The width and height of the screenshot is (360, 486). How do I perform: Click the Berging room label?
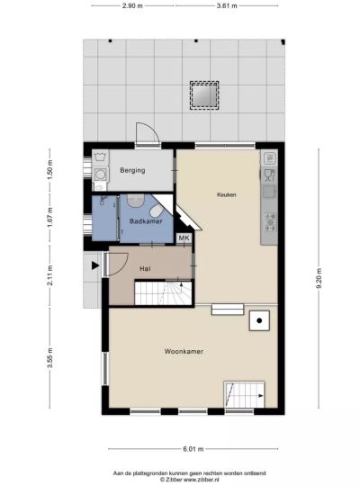coord(132,170)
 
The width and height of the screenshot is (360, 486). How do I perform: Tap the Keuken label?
coord(227,194)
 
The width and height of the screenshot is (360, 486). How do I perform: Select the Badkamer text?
coord(146,221)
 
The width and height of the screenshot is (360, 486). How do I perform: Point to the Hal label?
coord(145,268)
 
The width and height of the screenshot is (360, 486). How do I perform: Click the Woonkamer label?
coord(184,351)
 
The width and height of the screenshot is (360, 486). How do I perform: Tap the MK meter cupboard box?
coord(184,238)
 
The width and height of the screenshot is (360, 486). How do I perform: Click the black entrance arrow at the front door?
coord(95,265)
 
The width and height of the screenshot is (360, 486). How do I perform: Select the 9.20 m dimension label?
coord(319,278)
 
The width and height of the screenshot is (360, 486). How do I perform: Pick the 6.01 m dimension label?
coord(193,448)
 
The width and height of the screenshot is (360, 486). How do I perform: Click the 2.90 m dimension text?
coord(132,5)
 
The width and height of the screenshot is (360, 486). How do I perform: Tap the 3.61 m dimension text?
coord(227,5)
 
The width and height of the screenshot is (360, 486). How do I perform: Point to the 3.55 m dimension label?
coord(50,357)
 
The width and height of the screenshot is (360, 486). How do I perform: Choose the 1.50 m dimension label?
coord(50,170)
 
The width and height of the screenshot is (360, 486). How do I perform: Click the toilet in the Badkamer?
coord(157,211)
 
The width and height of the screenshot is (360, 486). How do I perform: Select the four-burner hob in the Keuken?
coord(270,222)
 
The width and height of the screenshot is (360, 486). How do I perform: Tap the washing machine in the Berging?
coord(100,175)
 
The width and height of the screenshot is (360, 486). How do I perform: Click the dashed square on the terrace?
coord(204,95)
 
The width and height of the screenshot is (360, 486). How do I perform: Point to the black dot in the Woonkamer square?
coord(259,320)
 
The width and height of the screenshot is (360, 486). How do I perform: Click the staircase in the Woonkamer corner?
coord(244,394)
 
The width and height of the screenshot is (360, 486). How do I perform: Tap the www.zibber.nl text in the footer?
coord(202,479)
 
